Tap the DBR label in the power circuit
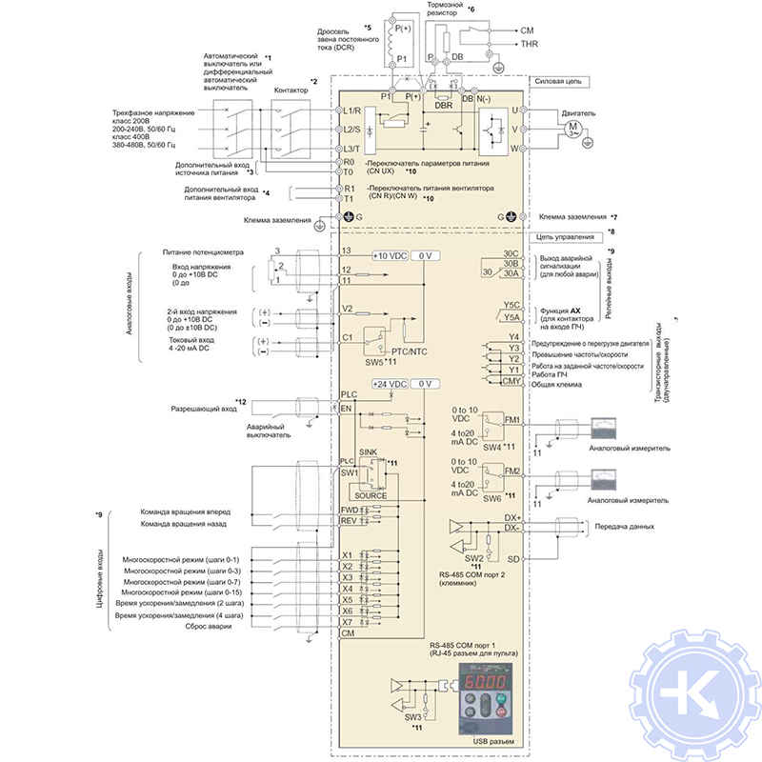443,106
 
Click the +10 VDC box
391,256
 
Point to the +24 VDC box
391,384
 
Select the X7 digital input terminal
348,622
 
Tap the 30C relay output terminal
511,252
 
